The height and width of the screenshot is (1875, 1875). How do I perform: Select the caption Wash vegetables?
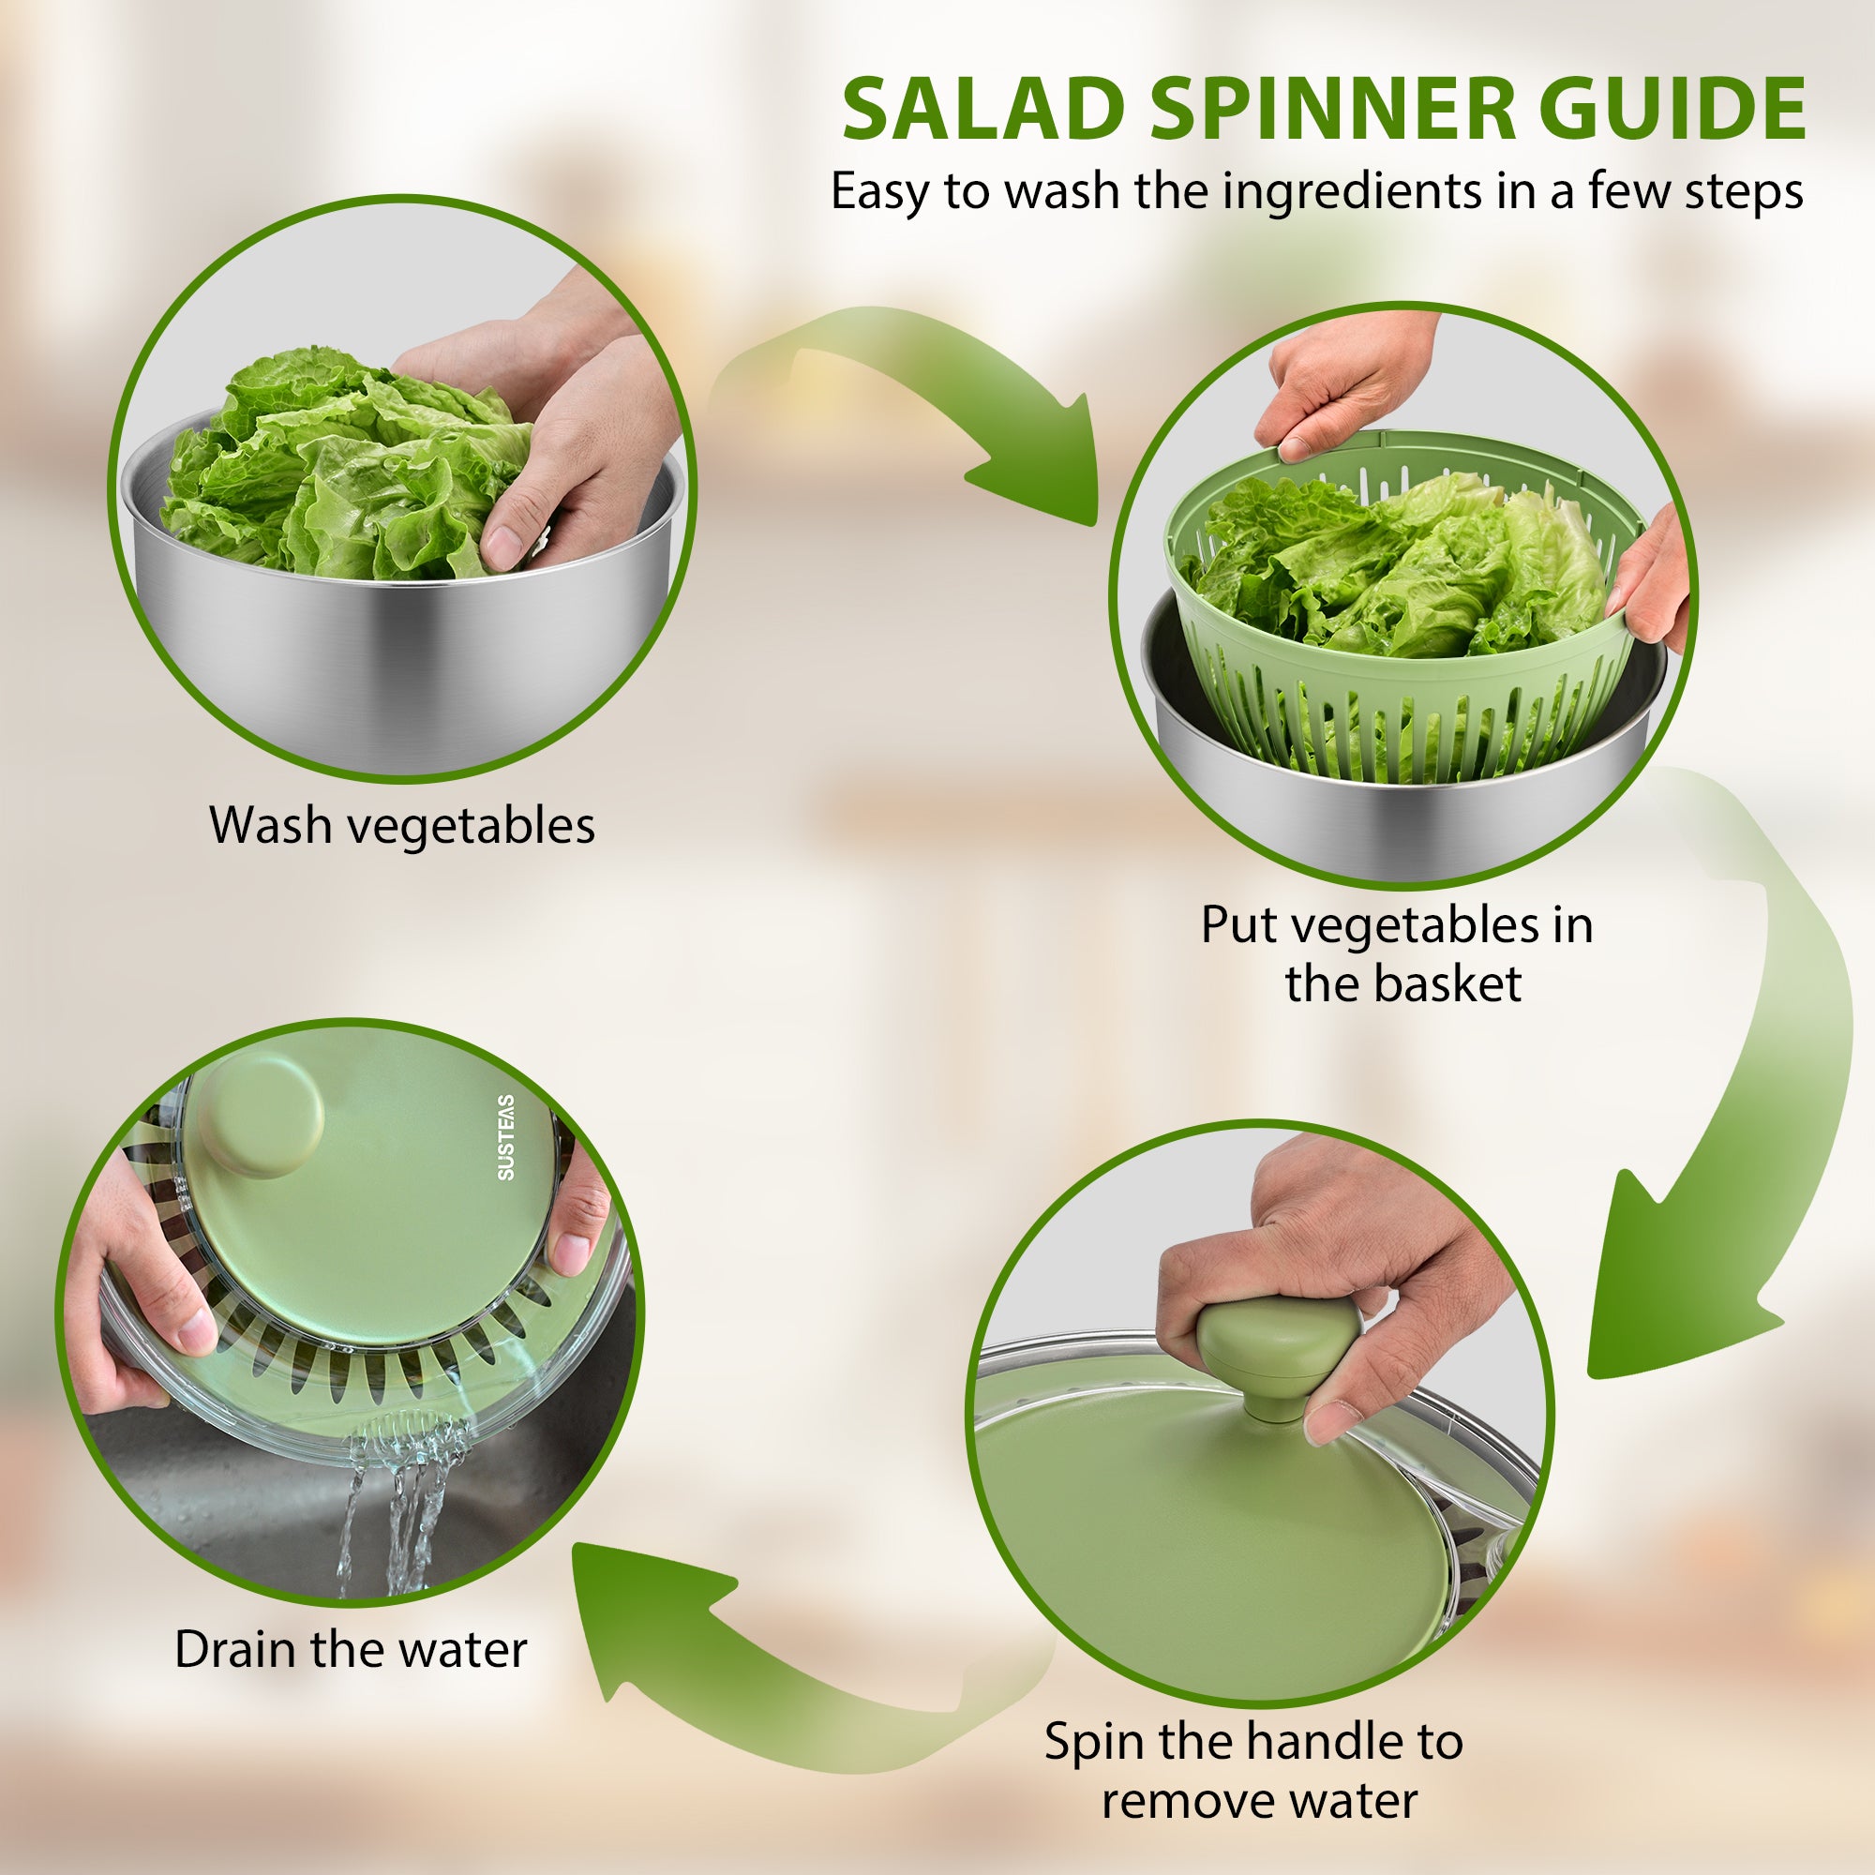tap(402, 827)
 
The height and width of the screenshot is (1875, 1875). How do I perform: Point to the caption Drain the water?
tap(351, 1649)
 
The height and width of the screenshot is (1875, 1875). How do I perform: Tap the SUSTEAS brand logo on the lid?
tap(505, 1137)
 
